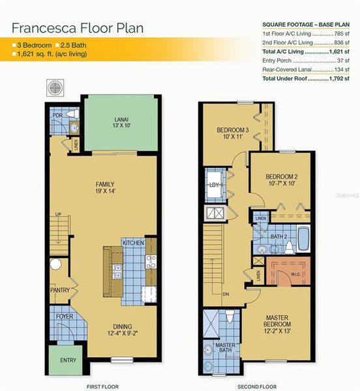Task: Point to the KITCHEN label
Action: [x=133, y=242]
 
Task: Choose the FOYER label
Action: [x=64, y=317]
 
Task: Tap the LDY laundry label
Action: [x=213, y=184]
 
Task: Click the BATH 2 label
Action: [x=280, y=236]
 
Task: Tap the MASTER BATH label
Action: [x=226, y=349]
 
